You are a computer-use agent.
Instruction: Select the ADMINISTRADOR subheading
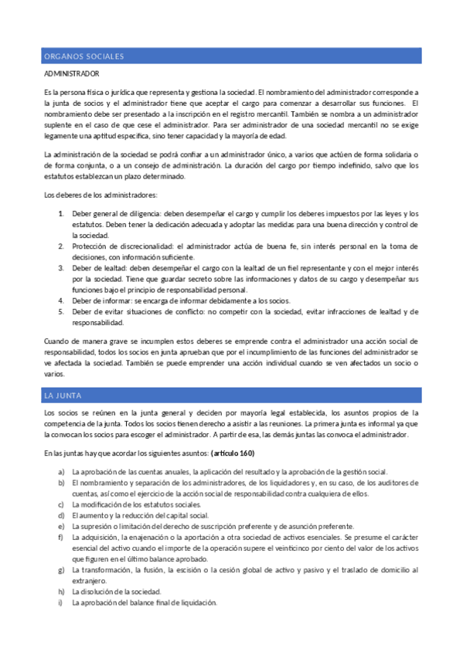click(72, 74)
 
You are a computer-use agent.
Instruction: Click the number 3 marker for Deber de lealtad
click(60, 267)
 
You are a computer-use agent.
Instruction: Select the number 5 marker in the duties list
click(60, 312)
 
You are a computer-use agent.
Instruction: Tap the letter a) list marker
click(60, 472)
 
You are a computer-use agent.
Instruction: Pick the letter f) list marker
click(60, 537)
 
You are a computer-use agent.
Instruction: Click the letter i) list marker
click(60, 603)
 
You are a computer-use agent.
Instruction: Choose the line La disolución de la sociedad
click(119, 592)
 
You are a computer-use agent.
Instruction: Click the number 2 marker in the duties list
click(60, 246)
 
